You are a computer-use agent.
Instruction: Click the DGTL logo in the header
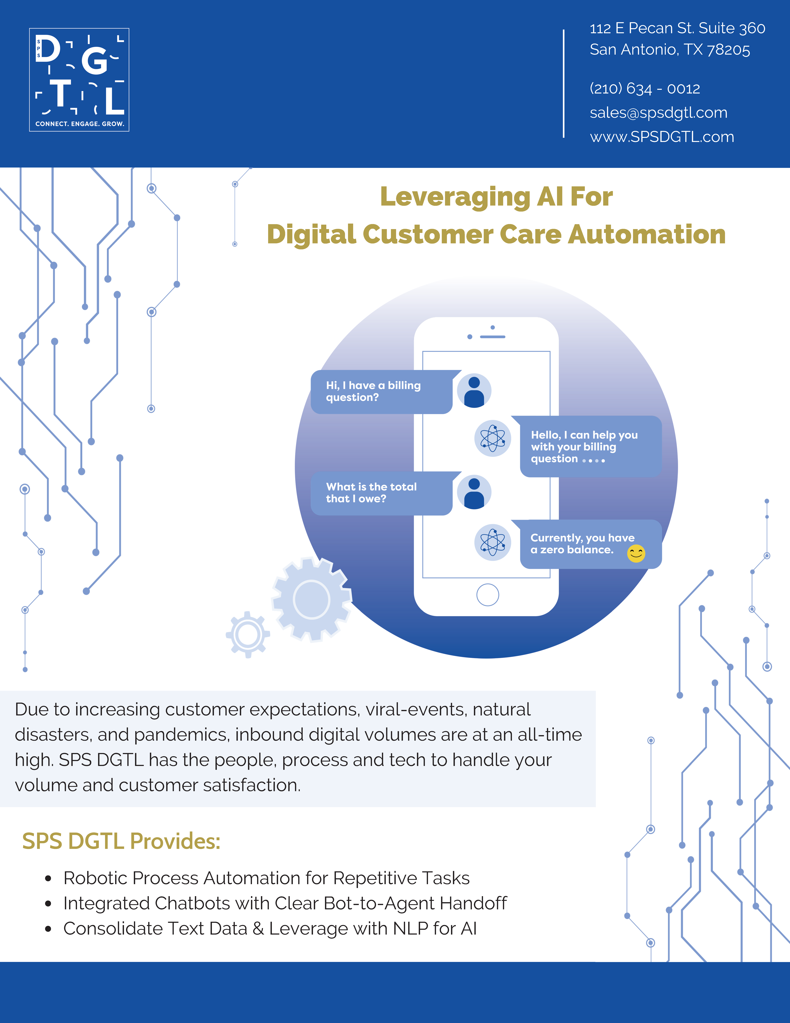point(79,80)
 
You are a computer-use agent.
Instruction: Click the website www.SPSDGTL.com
point(662,137)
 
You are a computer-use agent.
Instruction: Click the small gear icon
point(248,635)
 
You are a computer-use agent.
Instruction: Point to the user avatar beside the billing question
point(474,391)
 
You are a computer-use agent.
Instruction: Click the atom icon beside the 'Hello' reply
point(492,438)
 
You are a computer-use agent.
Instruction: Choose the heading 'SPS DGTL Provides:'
point(121,841)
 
